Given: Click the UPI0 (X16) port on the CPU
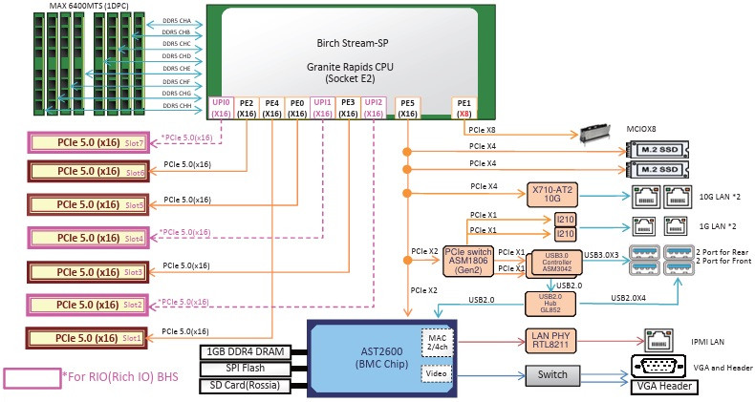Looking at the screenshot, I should tap(222, 107).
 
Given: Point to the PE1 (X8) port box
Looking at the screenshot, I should tap(464, 107).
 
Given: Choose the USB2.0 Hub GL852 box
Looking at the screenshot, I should tap(550, 303).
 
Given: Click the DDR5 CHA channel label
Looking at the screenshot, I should tap(177, 19).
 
